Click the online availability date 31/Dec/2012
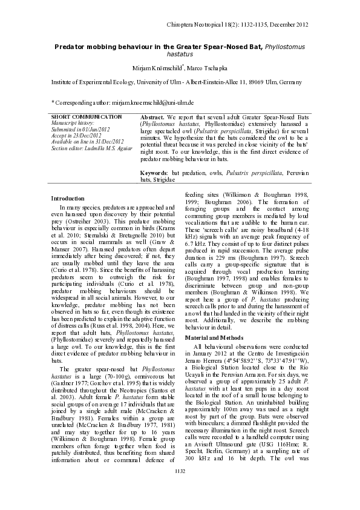pos(103,141)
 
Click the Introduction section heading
pos(68,198)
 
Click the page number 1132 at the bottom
pos(180,488)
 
